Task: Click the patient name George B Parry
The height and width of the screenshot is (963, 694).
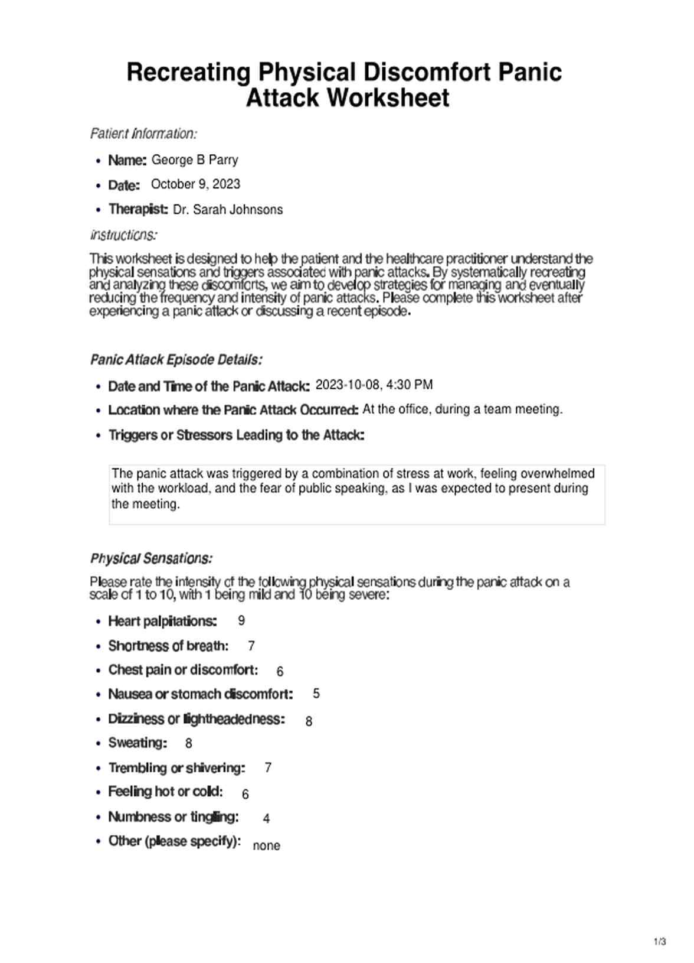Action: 195,160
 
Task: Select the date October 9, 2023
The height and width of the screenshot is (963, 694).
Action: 195,184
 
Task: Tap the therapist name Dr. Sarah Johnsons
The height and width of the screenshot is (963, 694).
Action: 228,210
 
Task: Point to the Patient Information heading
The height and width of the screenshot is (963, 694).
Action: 143,134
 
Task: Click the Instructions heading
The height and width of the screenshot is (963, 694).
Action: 123,235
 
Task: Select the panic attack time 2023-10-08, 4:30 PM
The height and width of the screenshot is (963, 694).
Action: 374,385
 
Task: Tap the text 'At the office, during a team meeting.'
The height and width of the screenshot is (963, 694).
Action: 462,409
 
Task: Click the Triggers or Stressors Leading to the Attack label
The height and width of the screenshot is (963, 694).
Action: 236,435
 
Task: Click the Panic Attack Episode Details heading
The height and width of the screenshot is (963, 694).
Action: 176,360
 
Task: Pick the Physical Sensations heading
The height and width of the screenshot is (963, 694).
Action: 151,558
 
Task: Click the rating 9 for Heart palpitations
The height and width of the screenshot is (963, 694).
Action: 241,621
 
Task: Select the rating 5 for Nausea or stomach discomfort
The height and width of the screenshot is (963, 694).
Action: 316,694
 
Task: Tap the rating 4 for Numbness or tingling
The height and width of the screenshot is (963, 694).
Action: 266,819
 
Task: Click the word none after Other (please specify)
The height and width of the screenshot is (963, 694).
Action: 266,846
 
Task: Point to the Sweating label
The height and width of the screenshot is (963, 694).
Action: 138,743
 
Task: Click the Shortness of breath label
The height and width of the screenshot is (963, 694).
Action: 168,646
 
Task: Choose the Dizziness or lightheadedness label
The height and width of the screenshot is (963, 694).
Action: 196,719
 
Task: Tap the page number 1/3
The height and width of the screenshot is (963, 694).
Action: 660,942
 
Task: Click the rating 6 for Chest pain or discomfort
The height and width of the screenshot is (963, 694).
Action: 280,672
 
